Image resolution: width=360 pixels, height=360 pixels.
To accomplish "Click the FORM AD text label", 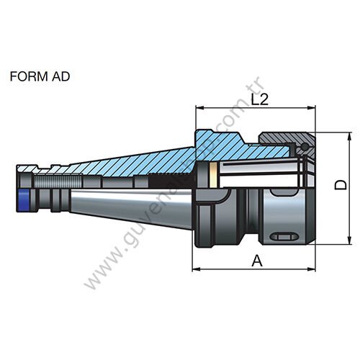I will (x=40, y=76).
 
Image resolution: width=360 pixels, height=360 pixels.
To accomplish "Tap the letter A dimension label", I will (x=256, y=261).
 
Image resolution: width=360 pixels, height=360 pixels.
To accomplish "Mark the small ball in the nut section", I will (x=305, y=148).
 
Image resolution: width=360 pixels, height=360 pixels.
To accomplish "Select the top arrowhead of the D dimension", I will (x=336, y=135).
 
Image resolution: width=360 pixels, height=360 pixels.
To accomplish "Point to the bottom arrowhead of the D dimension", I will (x=336, y=242).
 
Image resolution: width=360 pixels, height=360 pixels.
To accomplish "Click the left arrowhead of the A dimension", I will (x=196, y=270).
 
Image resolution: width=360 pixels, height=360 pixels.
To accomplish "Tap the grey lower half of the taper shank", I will (x=130, y=205).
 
